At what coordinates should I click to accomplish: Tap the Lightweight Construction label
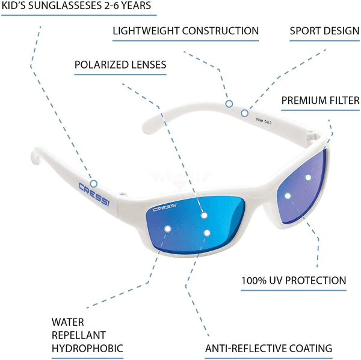(185, 31)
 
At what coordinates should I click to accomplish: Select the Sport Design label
(324, 31)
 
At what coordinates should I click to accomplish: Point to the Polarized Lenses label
(120, 64)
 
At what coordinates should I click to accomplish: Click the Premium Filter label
(320, 100)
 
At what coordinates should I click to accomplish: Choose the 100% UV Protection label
(294, 280)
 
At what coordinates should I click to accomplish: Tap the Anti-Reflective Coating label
(268, 348)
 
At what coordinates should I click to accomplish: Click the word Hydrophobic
(87, 348)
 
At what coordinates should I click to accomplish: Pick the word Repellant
(79, 335)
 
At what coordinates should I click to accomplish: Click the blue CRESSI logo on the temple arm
(93, 194)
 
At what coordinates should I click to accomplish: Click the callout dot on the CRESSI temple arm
(94, 183)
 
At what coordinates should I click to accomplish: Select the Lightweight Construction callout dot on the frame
(229, 104)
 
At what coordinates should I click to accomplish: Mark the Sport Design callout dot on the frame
(245, 112)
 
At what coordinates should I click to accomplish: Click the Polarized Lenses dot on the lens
(204, 215)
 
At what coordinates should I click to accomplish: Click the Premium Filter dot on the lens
(308, 177)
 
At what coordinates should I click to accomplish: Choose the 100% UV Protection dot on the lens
(288, 195)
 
